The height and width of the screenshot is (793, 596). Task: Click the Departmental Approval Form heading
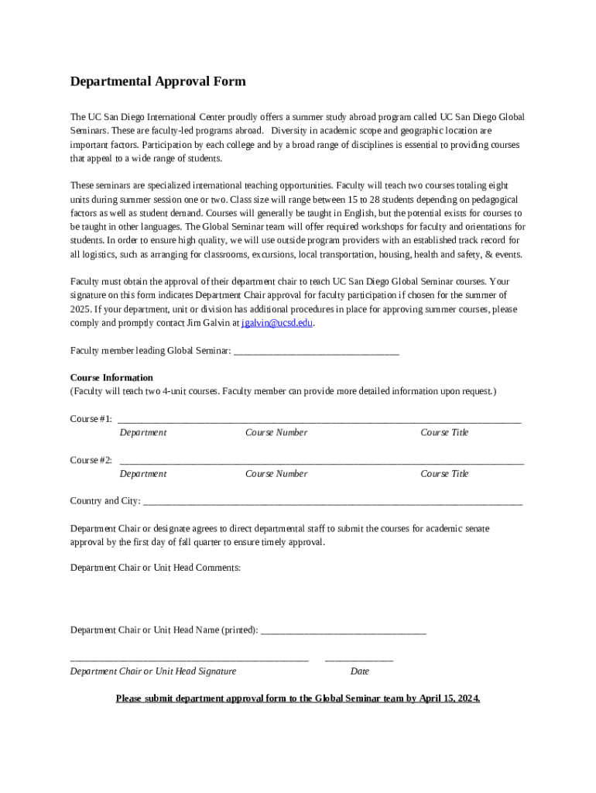(158, 81)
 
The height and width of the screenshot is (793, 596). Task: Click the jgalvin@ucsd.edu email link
(277, 323)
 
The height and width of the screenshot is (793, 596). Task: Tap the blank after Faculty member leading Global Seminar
(316, 352)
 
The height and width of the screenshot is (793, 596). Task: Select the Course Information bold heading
(111, 378)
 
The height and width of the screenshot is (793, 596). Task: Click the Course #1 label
(91, 419)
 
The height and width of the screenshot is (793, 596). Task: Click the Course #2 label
(91, 460)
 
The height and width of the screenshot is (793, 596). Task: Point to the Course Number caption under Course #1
(276, 433)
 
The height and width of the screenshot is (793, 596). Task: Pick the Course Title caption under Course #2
(444, 474)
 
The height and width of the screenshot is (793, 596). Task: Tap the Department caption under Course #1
(143, 433)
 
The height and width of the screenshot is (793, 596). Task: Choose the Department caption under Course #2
(143, 474)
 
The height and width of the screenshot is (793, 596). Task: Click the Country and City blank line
(333, 503)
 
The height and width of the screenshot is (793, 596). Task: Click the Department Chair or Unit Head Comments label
(156, 568)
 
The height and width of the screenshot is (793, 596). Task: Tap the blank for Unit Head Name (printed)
(344, 631)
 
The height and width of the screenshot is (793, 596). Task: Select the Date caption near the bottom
(359, 671)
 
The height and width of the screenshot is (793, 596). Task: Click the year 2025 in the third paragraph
(81, 309)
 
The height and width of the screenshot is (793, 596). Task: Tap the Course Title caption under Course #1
(444, 433)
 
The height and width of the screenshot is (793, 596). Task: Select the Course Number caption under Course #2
(276, 474)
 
